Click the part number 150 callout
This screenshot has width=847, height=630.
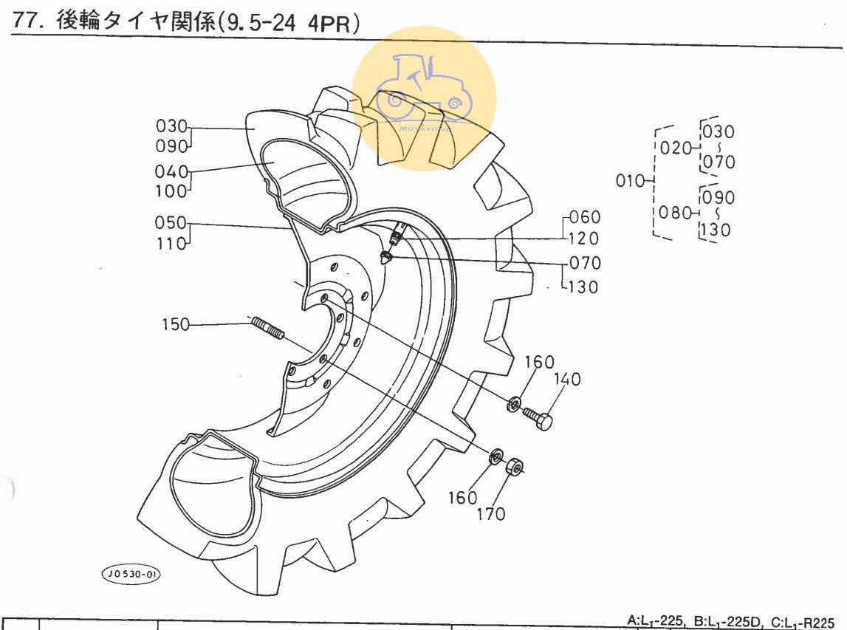pyautogui.click(x=176, y=324)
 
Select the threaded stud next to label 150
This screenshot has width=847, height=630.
pyautogui.click(x=267, y=328)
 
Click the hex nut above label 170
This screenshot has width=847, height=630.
pyautogui.click(x=515, y=466)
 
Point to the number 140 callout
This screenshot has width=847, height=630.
pyautogui.click(x=568, y=380)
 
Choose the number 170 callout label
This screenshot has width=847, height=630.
pyautogui.click(x=490, y=513)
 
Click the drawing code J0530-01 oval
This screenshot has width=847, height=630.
pyautogui.click(x=131, y=574)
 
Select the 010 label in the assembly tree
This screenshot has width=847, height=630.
pyautogui.click(x=629, y=180)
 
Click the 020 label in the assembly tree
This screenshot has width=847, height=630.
pyautogui.click(x=675, y=148)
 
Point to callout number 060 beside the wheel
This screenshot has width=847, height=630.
pyautogui.click(x=586, y=217)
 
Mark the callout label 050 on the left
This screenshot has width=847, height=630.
pyautogui.click(x=171, y=223)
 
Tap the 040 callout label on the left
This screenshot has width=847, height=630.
pyautogui.click(x=171, y=172)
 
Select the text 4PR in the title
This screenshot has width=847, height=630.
pyautogui.click(x=330, y=23)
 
